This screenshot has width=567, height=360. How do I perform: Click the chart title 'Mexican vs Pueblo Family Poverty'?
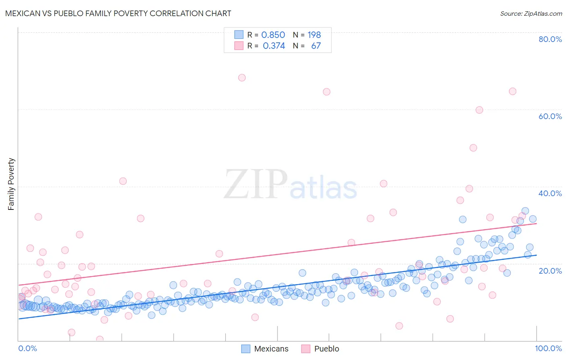[118, 13]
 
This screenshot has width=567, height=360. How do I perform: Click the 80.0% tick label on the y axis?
[550, 39]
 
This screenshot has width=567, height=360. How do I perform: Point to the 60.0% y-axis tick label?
[550, 116]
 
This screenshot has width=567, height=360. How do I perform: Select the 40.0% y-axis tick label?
[550, 193]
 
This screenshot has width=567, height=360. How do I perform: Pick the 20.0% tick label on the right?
[550, 270]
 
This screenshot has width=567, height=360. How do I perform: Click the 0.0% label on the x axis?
[27, 348]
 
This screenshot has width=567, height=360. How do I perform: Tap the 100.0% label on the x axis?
[548, 348]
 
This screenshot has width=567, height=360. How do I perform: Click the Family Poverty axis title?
[11, 184]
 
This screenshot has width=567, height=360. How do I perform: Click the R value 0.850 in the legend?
[273, 35]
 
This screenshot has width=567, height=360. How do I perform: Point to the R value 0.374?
[274, 46]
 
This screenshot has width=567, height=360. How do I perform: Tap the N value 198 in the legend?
[314, 35]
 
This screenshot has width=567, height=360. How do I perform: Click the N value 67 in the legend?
[316, 46]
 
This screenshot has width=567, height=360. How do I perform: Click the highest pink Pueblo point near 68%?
[242, 77]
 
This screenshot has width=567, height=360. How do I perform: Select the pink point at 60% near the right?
[479, 110]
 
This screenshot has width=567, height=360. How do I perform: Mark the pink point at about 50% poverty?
[473, 148]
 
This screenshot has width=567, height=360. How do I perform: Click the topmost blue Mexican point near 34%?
[525, 211]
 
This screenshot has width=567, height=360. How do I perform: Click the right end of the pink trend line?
[536, 223]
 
